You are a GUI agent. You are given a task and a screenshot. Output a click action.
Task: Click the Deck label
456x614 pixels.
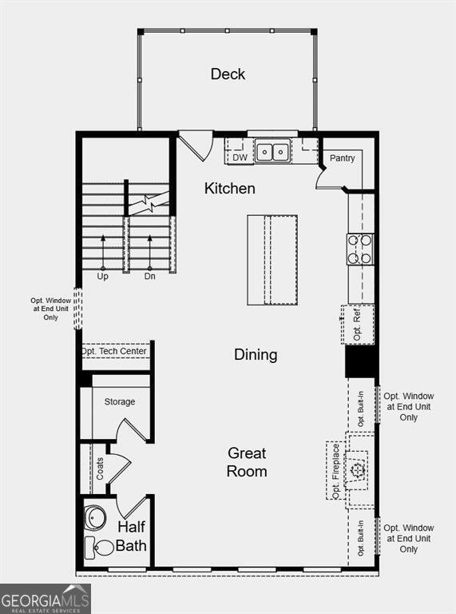[228, 74]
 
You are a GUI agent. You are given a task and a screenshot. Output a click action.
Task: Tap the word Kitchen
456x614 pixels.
[230, 189]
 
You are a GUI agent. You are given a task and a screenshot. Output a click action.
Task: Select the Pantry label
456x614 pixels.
[342, 158]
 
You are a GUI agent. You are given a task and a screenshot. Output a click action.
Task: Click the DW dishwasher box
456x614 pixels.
[240, 157]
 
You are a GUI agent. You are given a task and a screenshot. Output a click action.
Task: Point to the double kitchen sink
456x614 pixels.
[273, 151]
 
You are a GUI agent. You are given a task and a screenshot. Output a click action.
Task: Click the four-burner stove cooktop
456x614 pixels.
[360, 249]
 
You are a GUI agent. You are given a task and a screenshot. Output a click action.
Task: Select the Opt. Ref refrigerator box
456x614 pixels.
[359, 325]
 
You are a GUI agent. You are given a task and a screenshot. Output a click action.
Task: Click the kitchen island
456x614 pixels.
[272, 259]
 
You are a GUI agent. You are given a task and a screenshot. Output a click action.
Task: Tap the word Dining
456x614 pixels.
[256, 354]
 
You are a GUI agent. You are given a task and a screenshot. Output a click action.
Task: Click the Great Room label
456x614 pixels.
[247, 462]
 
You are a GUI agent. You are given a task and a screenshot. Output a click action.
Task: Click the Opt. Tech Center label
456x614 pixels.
[113, 352]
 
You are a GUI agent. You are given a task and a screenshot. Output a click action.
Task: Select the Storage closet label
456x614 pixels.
[120, 401]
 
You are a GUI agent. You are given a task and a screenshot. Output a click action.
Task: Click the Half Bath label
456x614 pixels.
[131, 536]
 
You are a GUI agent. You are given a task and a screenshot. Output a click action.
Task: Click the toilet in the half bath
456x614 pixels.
[100, 548]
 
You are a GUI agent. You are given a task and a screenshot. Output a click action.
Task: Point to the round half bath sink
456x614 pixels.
[96, 518]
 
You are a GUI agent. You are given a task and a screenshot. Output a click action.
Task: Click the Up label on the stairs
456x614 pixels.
[102, 277]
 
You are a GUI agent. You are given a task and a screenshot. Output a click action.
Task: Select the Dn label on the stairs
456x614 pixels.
[149, 277]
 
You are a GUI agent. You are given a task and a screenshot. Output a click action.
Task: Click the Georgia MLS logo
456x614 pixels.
[46, 599]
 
